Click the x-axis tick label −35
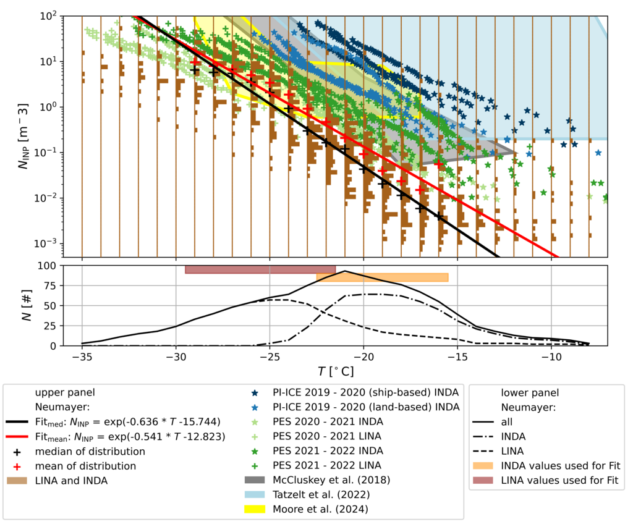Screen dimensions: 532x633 82,358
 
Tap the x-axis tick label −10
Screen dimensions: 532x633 551,358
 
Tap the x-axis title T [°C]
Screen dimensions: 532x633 336,372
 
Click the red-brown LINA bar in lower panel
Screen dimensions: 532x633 260,269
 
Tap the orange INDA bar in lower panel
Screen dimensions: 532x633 382,277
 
